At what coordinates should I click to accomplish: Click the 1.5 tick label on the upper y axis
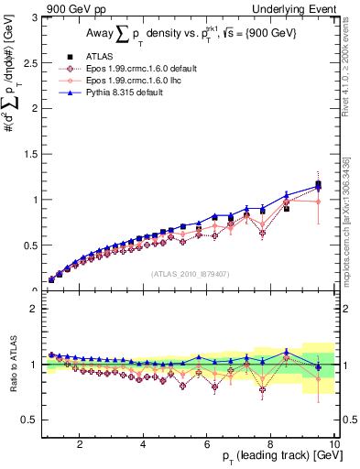(29, 154)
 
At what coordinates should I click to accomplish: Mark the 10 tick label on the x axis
(333, 444)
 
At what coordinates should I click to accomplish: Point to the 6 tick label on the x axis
(207, 444)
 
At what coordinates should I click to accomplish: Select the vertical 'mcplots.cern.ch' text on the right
(348, 211)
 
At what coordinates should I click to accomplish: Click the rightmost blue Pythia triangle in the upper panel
(318, 187)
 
